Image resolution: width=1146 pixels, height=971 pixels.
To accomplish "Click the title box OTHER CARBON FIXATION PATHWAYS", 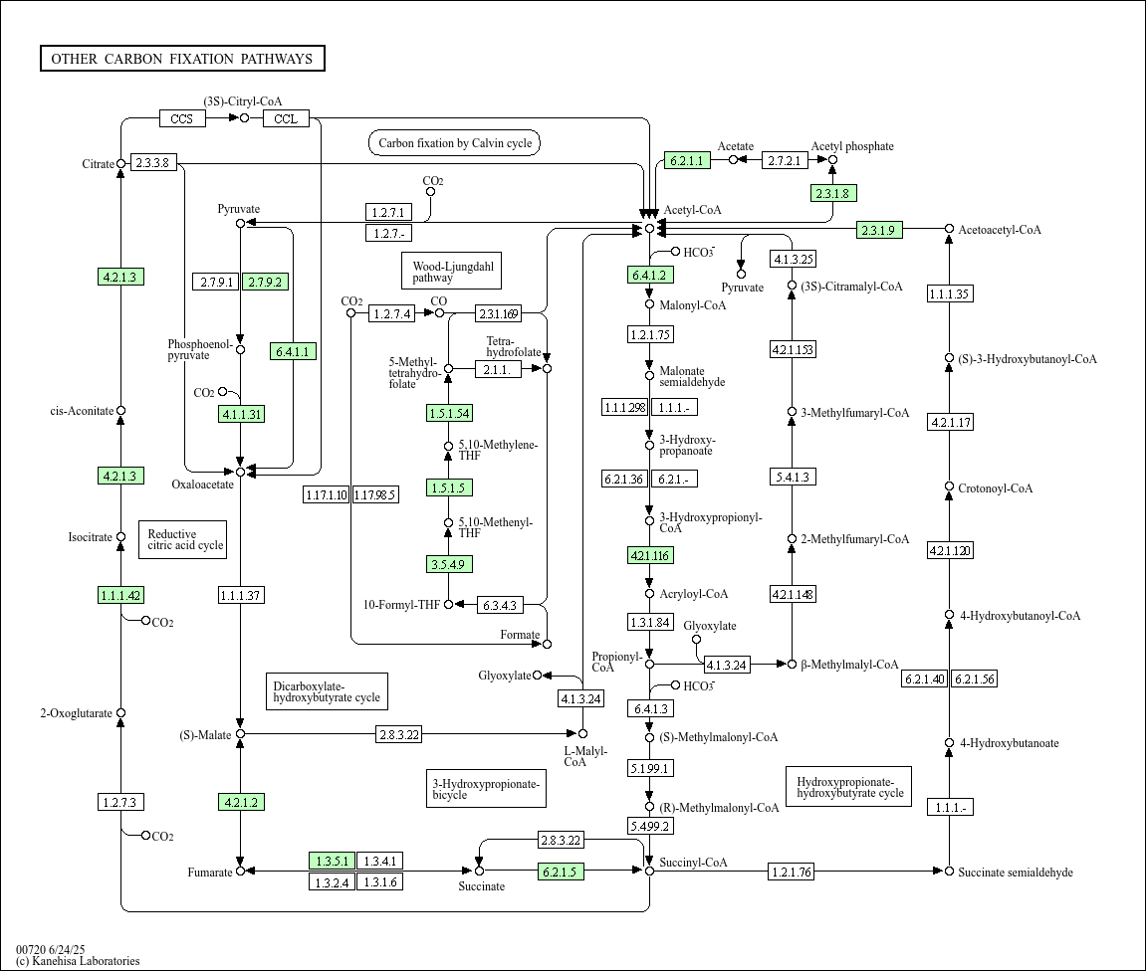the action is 183,59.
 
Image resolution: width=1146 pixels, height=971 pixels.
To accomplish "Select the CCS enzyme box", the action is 182,118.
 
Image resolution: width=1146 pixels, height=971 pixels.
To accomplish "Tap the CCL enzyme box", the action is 286,118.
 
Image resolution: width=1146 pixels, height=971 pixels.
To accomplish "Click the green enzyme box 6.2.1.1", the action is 687,160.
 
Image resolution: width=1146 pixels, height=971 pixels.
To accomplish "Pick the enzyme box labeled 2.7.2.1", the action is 785,160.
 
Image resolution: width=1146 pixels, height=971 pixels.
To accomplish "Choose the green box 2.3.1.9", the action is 879,230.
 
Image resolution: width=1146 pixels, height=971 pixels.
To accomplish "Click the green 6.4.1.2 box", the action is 650,276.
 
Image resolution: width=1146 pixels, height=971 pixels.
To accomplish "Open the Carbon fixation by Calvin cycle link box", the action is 455,143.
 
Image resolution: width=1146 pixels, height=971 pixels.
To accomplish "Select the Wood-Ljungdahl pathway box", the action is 452,271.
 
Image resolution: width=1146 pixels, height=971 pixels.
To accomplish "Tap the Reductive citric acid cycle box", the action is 183,539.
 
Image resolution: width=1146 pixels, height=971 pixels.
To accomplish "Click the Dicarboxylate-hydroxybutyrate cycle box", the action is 327,691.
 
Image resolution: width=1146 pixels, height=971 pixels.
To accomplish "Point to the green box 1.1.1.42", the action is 120,595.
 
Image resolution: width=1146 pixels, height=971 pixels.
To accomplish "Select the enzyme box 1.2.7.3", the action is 120,802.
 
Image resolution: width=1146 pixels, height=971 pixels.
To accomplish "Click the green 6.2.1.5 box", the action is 561,872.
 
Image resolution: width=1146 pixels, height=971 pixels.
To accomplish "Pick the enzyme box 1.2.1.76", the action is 792,872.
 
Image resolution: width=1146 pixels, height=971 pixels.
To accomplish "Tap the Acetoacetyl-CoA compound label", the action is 1000,230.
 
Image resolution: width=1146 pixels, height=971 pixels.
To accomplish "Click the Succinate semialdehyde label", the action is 1016,873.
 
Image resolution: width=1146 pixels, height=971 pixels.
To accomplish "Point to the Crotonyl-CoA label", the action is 996,488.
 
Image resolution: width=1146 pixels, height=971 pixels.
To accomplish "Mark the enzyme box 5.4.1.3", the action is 793,477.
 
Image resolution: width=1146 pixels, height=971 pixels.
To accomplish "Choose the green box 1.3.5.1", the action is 332,862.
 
